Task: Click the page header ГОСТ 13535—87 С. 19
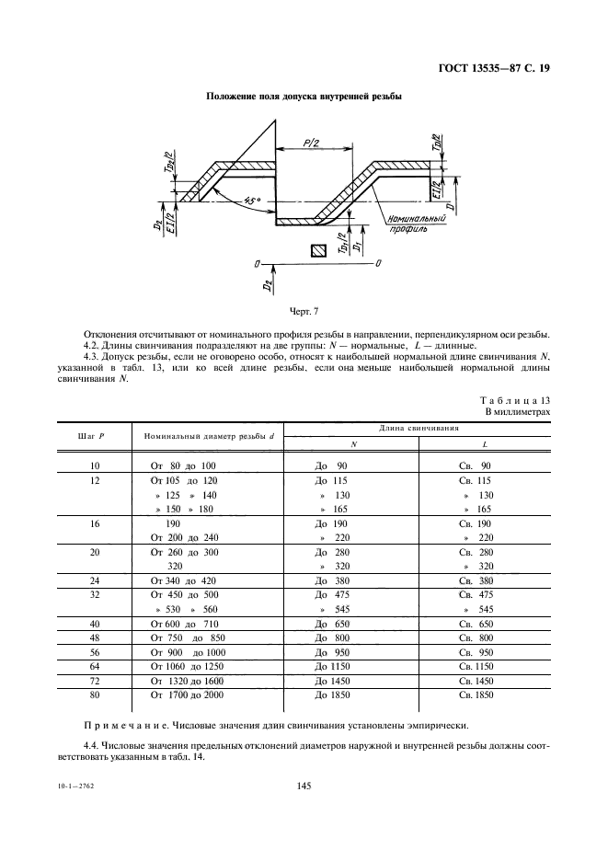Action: (494, 69)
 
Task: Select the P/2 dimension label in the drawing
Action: (311, 143)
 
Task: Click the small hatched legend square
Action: (318, 251)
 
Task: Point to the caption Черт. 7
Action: (304, 311)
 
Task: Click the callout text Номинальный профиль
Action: (416, 224)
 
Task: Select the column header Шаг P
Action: (95, 436)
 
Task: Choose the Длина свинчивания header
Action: (419, 428)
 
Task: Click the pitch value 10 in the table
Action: (95, 466)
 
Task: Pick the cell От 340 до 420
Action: (183, 581)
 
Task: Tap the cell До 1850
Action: (332, 695)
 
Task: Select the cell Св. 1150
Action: (476, 667)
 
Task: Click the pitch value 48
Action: (95, 638)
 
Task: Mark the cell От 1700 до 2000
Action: (188, 695)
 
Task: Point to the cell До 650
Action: (332, 625)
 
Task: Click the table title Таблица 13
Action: (515, 400)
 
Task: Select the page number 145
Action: (304, 786)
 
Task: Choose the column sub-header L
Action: (485, 445)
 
